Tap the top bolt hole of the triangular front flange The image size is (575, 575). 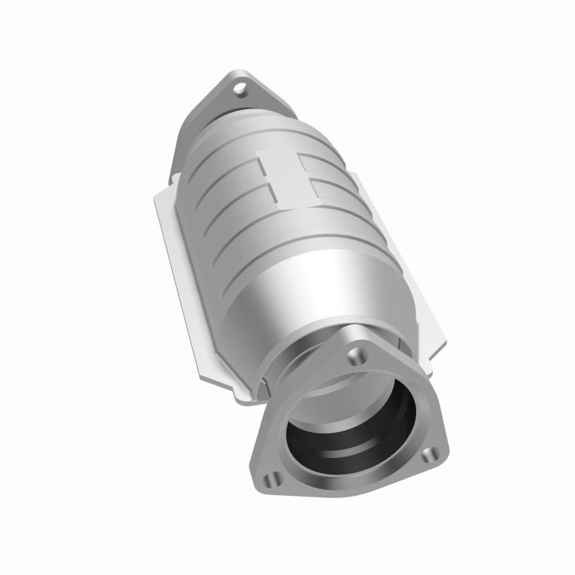coord(355,355)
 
